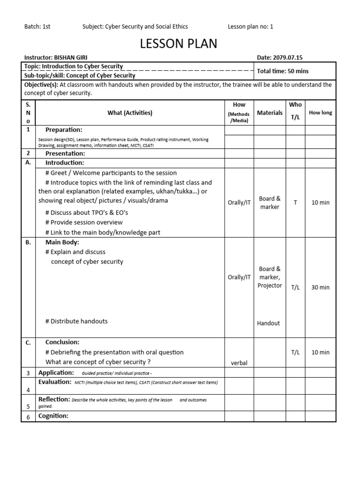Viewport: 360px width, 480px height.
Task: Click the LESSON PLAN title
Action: (179, 44)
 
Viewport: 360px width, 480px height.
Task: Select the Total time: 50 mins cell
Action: (283, 71)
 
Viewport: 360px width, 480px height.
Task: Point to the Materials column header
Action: (270, 112)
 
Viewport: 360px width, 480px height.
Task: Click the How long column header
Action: (320, 112)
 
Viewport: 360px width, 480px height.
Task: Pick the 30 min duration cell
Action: (320, 287)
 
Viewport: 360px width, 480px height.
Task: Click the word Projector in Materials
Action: (270, 285)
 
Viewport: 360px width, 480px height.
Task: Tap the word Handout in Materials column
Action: (268, 323)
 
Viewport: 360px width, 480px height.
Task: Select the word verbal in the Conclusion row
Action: (239, 363)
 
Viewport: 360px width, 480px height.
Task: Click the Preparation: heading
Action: (64, 130)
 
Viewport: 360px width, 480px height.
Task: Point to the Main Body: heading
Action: (62, 242)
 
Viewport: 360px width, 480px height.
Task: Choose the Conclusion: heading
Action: (62, 342)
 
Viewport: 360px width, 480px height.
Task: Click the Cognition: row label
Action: (53, 416)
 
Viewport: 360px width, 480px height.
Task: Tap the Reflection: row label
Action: (54, 399)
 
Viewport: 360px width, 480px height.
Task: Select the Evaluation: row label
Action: (54, 382)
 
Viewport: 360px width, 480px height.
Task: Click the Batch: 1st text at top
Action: (37, 27)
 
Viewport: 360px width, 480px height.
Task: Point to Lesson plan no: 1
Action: (250, 27)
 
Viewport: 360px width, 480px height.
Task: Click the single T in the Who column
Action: (295, 202)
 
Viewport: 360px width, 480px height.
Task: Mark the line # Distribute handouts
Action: (76, 321)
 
